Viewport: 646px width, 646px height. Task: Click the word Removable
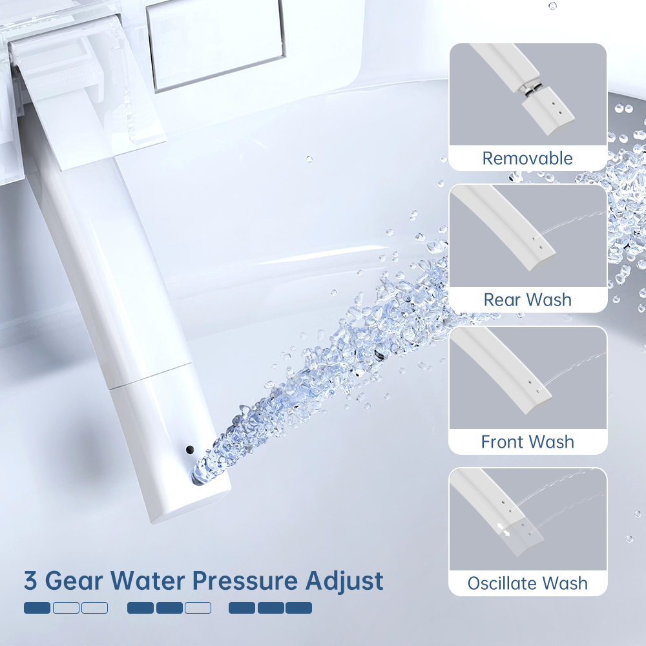(x=527, y=158)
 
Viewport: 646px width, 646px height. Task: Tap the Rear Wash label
(x=527, y=300)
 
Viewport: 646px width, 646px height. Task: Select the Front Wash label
(x=527, y=442)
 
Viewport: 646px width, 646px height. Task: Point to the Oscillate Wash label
(x=527, y=583)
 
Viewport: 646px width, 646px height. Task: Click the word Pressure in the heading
(x=245, y=581)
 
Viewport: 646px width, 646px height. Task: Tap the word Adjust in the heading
(x=344, y=582)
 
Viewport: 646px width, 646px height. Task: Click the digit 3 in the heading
(x=30, y=581)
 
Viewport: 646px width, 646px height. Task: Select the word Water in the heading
(x=147, y=581)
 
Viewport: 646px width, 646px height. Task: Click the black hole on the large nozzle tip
(x=190, y=450)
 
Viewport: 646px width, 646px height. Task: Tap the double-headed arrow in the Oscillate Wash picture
(x=503, y=530)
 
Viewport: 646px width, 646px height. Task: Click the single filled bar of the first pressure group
(x=37, y=608)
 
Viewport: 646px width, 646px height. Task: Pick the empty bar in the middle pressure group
(x=198, y=608)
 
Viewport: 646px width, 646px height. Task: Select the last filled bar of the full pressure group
(x=298, y=608)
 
